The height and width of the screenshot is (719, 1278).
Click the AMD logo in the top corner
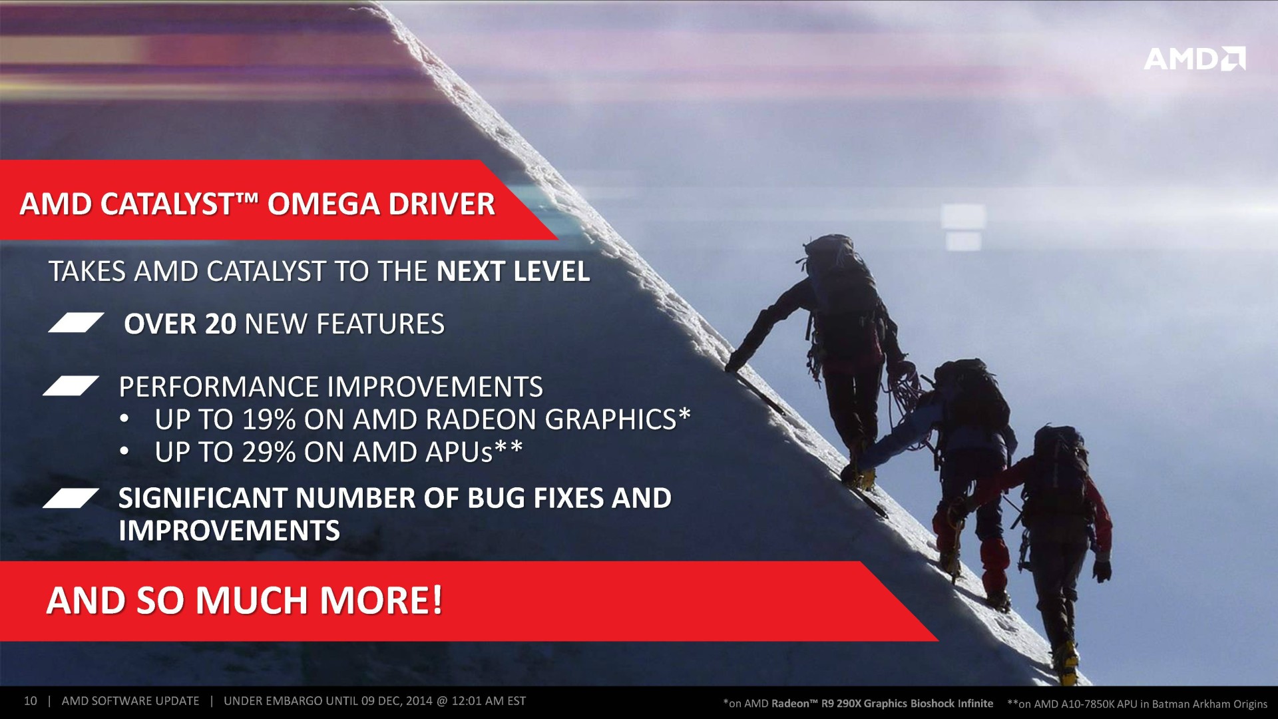(x=1195, y=59)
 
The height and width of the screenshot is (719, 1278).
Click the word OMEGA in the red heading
(x=323, y=204)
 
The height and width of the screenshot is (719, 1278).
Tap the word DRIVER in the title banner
(x=442, y=204)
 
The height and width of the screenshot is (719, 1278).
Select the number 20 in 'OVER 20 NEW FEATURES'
(x=221, y=324)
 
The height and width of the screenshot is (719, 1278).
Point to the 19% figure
(x=269, y=419)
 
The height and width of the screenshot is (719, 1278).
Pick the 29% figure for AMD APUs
(x=269, y=452)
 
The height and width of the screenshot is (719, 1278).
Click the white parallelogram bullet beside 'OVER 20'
(x=76, y=322)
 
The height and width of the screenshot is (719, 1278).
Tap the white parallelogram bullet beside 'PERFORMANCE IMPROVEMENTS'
(x=71, y=386)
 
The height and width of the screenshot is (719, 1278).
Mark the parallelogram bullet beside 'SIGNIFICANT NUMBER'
(x=71, y=498)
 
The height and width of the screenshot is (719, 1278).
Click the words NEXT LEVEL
(x=513, y=272)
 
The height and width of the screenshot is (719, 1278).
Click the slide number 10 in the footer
(x=30, y=701)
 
